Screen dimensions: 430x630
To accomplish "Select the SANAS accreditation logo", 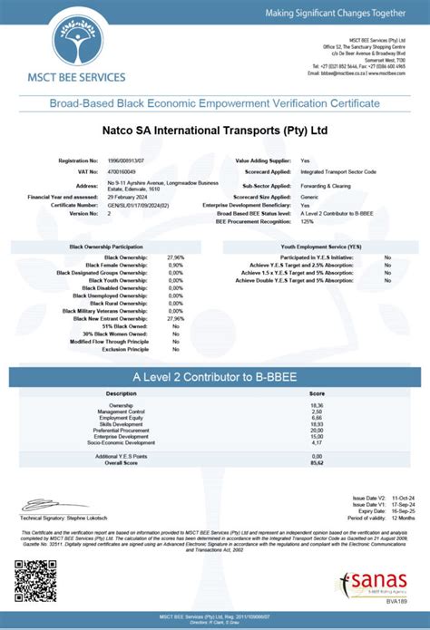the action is pyautogui.click(x=384, y=582).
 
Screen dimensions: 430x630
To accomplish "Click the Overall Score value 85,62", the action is pyautogui.click(x=317, y=462).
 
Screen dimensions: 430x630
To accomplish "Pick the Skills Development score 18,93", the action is pyautogui.click(x=317, y=423).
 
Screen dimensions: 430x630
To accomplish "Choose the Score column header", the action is pyautogui.click(x=317, y=393).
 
